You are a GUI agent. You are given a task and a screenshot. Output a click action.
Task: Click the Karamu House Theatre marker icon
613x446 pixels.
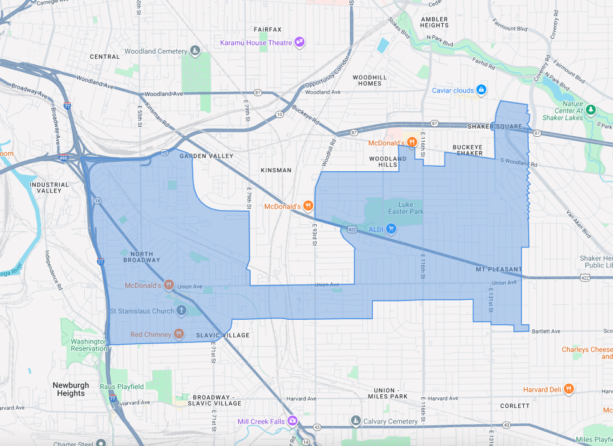click(300, 42)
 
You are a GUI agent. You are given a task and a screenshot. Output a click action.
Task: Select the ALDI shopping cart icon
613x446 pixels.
click(392, 229)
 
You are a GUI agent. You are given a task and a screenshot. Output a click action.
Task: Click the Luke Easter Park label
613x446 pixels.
click(406, 208)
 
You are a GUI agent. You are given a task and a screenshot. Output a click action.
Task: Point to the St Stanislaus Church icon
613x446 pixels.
click(181, 310)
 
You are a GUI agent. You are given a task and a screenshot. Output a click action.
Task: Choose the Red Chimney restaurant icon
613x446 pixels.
click(179, 334)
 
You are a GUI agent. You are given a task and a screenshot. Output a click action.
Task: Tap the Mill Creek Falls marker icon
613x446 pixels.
click(292, 421)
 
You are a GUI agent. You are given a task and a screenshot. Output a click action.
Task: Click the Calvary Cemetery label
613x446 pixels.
click(390, 421)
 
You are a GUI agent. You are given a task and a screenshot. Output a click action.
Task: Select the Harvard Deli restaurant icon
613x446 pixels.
click(568, 389)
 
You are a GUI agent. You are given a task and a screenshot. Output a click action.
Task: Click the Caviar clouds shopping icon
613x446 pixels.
click(481, 90)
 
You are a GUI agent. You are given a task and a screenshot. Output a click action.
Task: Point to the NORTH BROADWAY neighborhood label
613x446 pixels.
click(142, 257)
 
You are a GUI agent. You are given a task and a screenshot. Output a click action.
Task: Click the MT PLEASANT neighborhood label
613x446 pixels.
click(498, 269)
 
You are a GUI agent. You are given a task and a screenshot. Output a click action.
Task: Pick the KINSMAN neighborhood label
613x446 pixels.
click(276, 170)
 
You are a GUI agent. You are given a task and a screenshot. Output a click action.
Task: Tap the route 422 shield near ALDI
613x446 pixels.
click(352, 229)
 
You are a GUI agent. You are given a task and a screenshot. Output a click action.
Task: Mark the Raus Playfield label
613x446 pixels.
click(122, 387)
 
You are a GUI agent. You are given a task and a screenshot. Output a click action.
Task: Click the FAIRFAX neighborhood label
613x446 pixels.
click(268, 29)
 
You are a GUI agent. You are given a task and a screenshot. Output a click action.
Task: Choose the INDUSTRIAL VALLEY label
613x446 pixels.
click(49, 187)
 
